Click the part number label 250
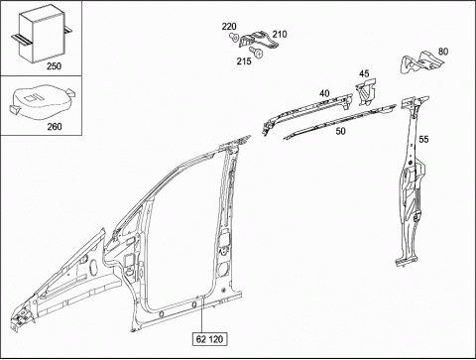[54, 66]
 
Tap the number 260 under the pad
[55, 126]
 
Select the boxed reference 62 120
[209, 339]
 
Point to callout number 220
[229, 27]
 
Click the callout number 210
[280, 34]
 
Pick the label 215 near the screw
[244, 60]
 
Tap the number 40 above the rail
[324, 93]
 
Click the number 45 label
[364, 73]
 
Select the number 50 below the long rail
[340, 131]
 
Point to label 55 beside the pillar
[423, 139]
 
